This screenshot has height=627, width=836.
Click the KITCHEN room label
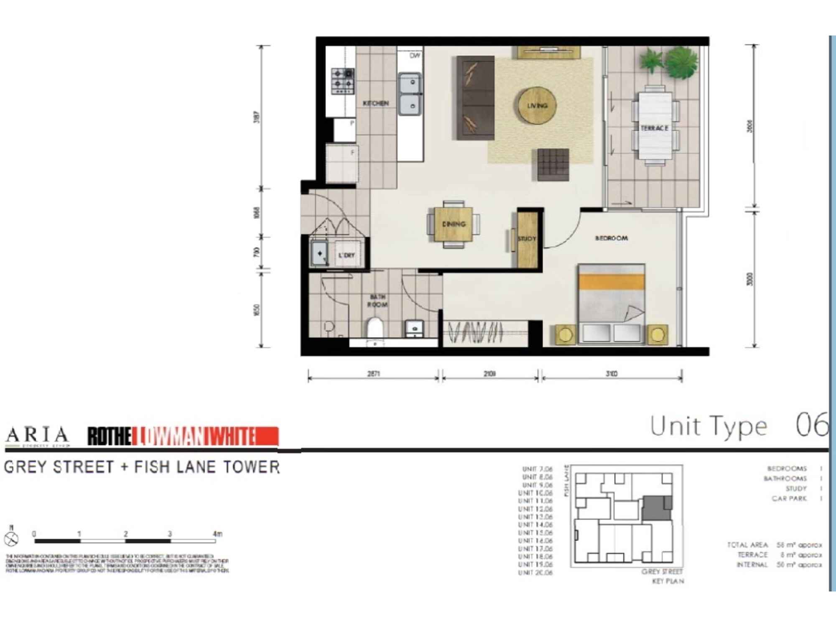(x=375, y=103)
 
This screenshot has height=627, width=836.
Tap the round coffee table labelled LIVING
(x=537, y=105)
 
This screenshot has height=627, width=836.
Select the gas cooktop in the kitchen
(x=343, y=81)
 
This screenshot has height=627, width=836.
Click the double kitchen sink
(x=410, y=94)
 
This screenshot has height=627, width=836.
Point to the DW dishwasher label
(x=415, y=55)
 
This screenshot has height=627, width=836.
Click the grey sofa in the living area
(x=475, y=98)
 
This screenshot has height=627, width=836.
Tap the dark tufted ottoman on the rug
(x=553, y=164)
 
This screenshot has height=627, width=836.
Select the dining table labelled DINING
(x=454, y=224)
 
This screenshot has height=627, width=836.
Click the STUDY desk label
(x=527, y=239)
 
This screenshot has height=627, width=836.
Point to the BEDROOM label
(x=611, y=238)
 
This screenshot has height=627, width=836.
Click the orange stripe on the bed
(x=611, y=281)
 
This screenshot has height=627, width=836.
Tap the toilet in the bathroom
(x=375, y=327)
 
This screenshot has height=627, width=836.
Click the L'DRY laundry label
(x=347, y=255)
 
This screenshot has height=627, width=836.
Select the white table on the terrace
(x=655, y=126)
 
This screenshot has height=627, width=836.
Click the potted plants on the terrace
(x=671, y=62)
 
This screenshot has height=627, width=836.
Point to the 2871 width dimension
(x=373, y=374)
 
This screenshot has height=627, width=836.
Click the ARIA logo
(x=37, y=436)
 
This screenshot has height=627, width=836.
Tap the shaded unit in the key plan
(x=656, y=508)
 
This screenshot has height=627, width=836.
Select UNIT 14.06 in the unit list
(x=535, y=525)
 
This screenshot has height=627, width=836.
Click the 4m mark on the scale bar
(x=217, y=534)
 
